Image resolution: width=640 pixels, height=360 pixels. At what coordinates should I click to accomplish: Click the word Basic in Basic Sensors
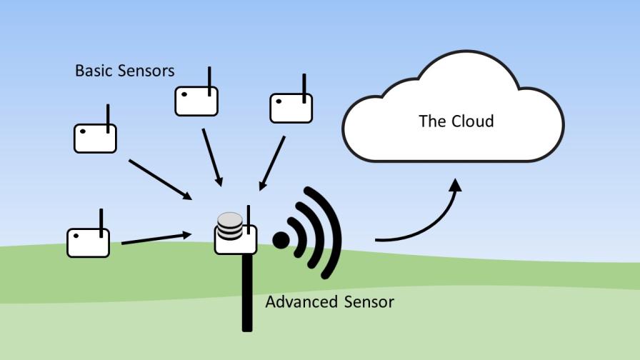click(91, 71)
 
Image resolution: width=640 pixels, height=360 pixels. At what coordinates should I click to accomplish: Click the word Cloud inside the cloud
click(472, 121)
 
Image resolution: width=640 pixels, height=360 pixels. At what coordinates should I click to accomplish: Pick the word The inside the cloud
click(432, 121)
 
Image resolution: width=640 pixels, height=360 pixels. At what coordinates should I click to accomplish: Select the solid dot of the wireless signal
click(281, 240)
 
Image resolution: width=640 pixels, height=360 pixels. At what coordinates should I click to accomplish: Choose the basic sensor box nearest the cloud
click(291, 109)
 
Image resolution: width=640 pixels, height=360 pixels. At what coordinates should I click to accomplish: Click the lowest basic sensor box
click(88, 243)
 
